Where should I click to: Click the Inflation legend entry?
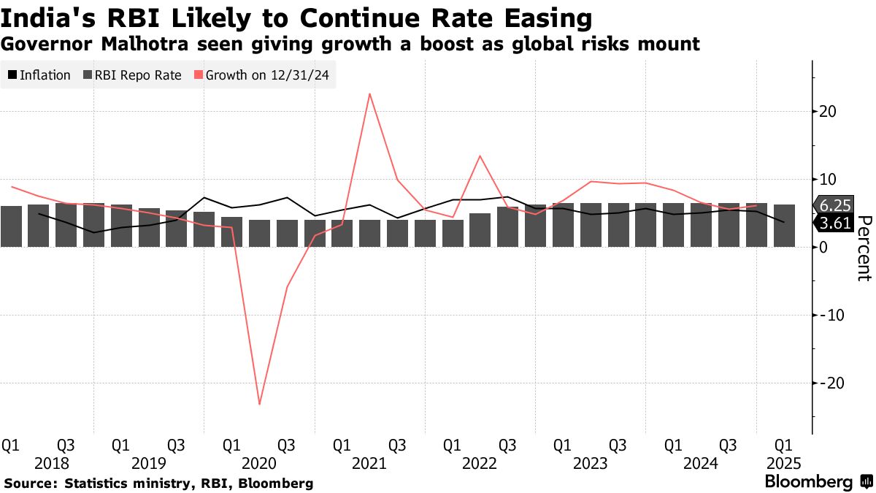tap(39, 75)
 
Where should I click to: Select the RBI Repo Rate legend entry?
tap(132, 75)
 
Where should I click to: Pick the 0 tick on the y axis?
tap(823, 248)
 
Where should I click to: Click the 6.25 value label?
tap(835, 207)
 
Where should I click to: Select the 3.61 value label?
tap(835, 223)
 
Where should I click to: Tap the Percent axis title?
tap(864, 248)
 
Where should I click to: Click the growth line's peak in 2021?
tap(369, 93)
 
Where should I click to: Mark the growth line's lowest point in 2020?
tap(259, 404)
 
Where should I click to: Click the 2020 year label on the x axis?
tap(259, 463)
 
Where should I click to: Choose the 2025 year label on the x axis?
tap(784, 463)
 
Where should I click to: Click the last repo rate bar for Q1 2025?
tap(784, 226)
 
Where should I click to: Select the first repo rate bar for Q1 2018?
tap(11, 226)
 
